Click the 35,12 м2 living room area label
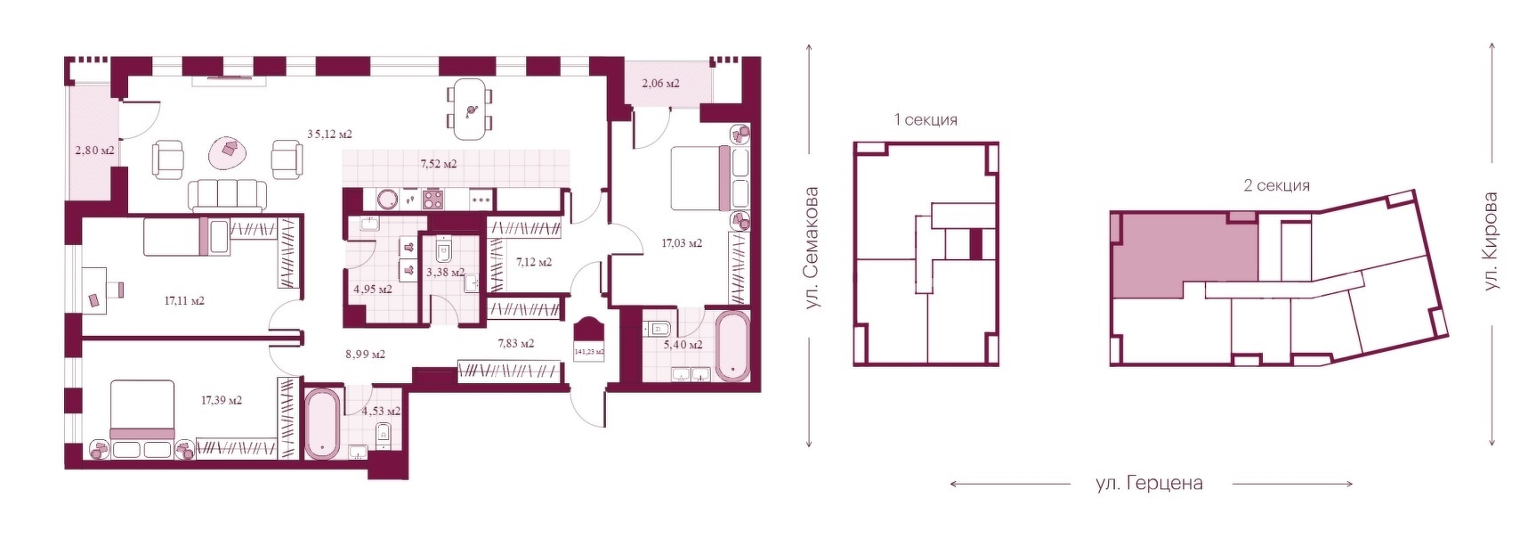[329, 135]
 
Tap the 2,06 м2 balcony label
[660, 84]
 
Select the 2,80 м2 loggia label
[94, 151]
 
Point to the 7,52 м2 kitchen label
[438, 164]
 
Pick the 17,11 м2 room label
[184, 301]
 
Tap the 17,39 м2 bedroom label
[222, 401]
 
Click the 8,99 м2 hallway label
[365, 355]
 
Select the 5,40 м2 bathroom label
[683, 345]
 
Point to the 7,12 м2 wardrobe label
[534, 263]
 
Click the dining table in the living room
[470, 110]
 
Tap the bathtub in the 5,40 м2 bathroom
[733, 346]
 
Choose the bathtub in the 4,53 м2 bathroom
[322, 424]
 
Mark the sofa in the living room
[226, 194]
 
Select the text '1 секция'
[926, 119]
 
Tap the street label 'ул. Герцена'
[1149, 484]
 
